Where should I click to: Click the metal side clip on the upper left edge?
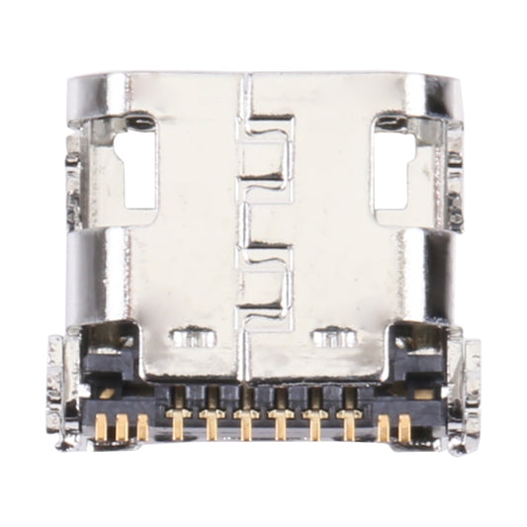74,178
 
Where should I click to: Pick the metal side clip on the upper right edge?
452,178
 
